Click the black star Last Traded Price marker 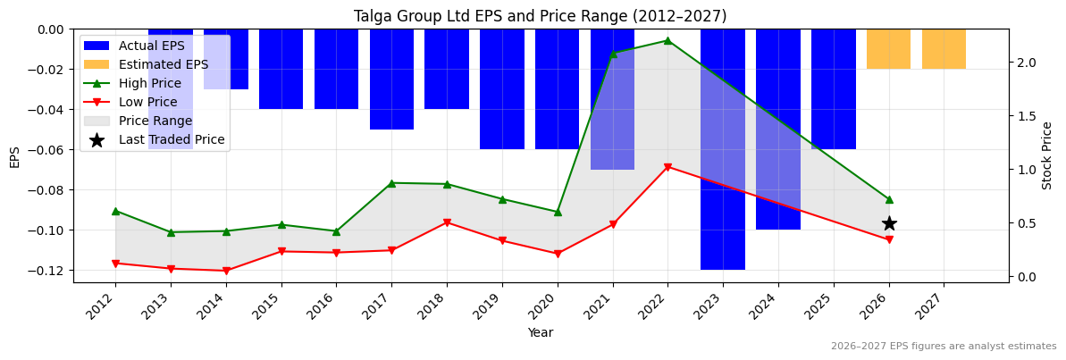click(x=889, y=223)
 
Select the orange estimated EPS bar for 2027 click(x=944, y=49)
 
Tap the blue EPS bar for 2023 click(x=723, y=149)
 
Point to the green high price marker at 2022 click(x=667, y=40)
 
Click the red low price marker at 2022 click(x=667, y=167)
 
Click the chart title click(x=540, y=16)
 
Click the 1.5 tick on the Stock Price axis click(x=1025, y=116)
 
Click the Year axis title click(x=540, y=332)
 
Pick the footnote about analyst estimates click(x=943, y=347)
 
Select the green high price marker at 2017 click(x=391, y=183)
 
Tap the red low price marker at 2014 click(x=226, y=271)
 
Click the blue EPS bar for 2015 click(x=281, y=69)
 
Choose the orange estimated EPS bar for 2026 click(x=888, y=49)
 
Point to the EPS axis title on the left click(x=14, y=156)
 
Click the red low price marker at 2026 click(x=889, y=240)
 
